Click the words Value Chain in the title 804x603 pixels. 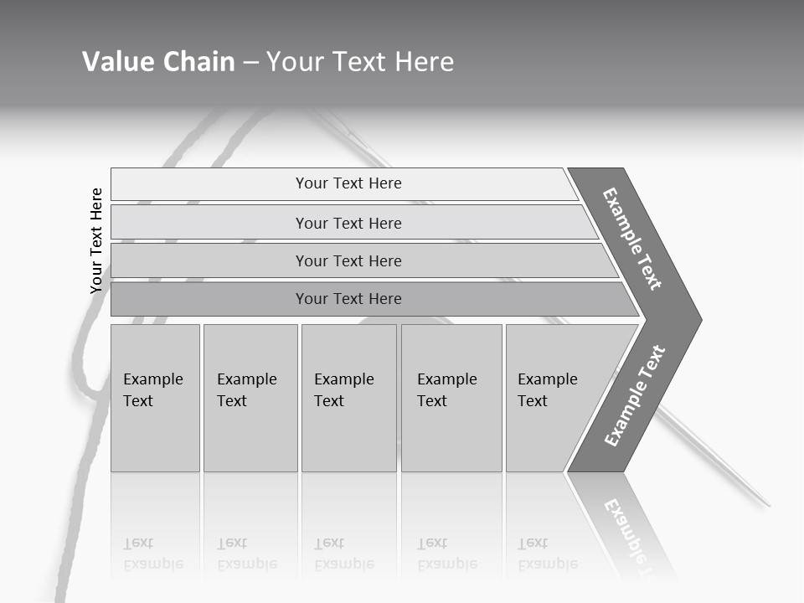click(158, 62)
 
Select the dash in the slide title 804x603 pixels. click(250, 63)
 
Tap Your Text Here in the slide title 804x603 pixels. click(360, 62)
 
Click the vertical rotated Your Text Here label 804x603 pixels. click(96, 240)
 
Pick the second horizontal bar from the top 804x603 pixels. click(348, 223)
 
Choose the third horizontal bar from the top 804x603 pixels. click(348, 260)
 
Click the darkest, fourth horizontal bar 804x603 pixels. click(348, 299)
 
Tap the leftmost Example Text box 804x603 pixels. click(155, 398)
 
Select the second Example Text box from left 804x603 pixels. click(250, 398)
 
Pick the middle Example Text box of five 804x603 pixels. click(348, 398)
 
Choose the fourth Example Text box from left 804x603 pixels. click(451, 398)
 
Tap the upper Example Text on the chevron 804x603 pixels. click(632, 239)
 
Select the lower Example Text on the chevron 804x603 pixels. click(635, 395)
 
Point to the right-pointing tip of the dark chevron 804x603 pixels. click(700, 319)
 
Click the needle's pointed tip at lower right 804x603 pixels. click(768, 506)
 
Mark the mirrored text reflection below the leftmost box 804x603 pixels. click(152, 554)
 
